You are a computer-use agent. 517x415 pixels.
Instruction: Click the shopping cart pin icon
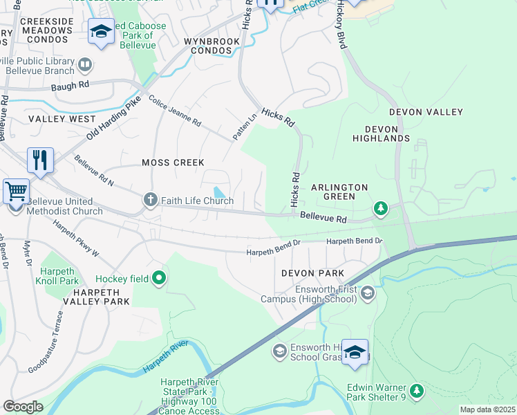[x=16, y=190]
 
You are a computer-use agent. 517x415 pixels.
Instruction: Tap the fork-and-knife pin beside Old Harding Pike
[x=40, y=160]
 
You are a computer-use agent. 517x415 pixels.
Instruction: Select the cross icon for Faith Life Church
[x=151, y=201]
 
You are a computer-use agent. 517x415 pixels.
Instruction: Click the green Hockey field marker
[x=160, y=278]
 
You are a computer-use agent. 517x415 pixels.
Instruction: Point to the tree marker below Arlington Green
[x=379, y=207]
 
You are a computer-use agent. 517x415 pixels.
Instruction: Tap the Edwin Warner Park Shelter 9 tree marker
[x=416, y=391]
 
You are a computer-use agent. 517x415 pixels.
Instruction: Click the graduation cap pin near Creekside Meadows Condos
[x=101, y=31]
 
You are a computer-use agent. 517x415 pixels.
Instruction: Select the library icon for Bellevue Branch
[x=85, y=65]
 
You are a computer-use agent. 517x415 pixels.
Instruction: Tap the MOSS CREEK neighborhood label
[x=173, y=163]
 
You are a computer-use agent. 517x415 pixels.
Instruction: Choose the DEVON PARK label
[x=312, y=273]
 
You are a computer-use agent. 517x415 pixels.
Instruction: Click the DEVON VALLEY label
[x=426, y=112]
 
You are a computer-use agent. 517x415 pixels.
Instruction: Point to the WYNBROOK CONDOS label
[x=211, y=46]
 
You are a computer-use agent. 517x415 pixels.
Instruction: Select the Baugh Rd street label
[x=74, y=84]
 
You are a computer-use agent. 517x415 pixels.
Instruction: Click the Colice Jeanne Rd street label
[x=174, y=112]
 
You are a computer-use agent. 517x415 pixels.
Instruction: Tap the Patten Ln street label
[x=240, y=128]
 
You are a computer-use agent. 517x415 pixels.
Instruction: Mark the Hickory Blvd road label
[x=341, y=28]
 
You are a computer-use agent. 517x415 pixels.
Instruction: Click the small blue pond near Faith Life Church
[x=219, y=192]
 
